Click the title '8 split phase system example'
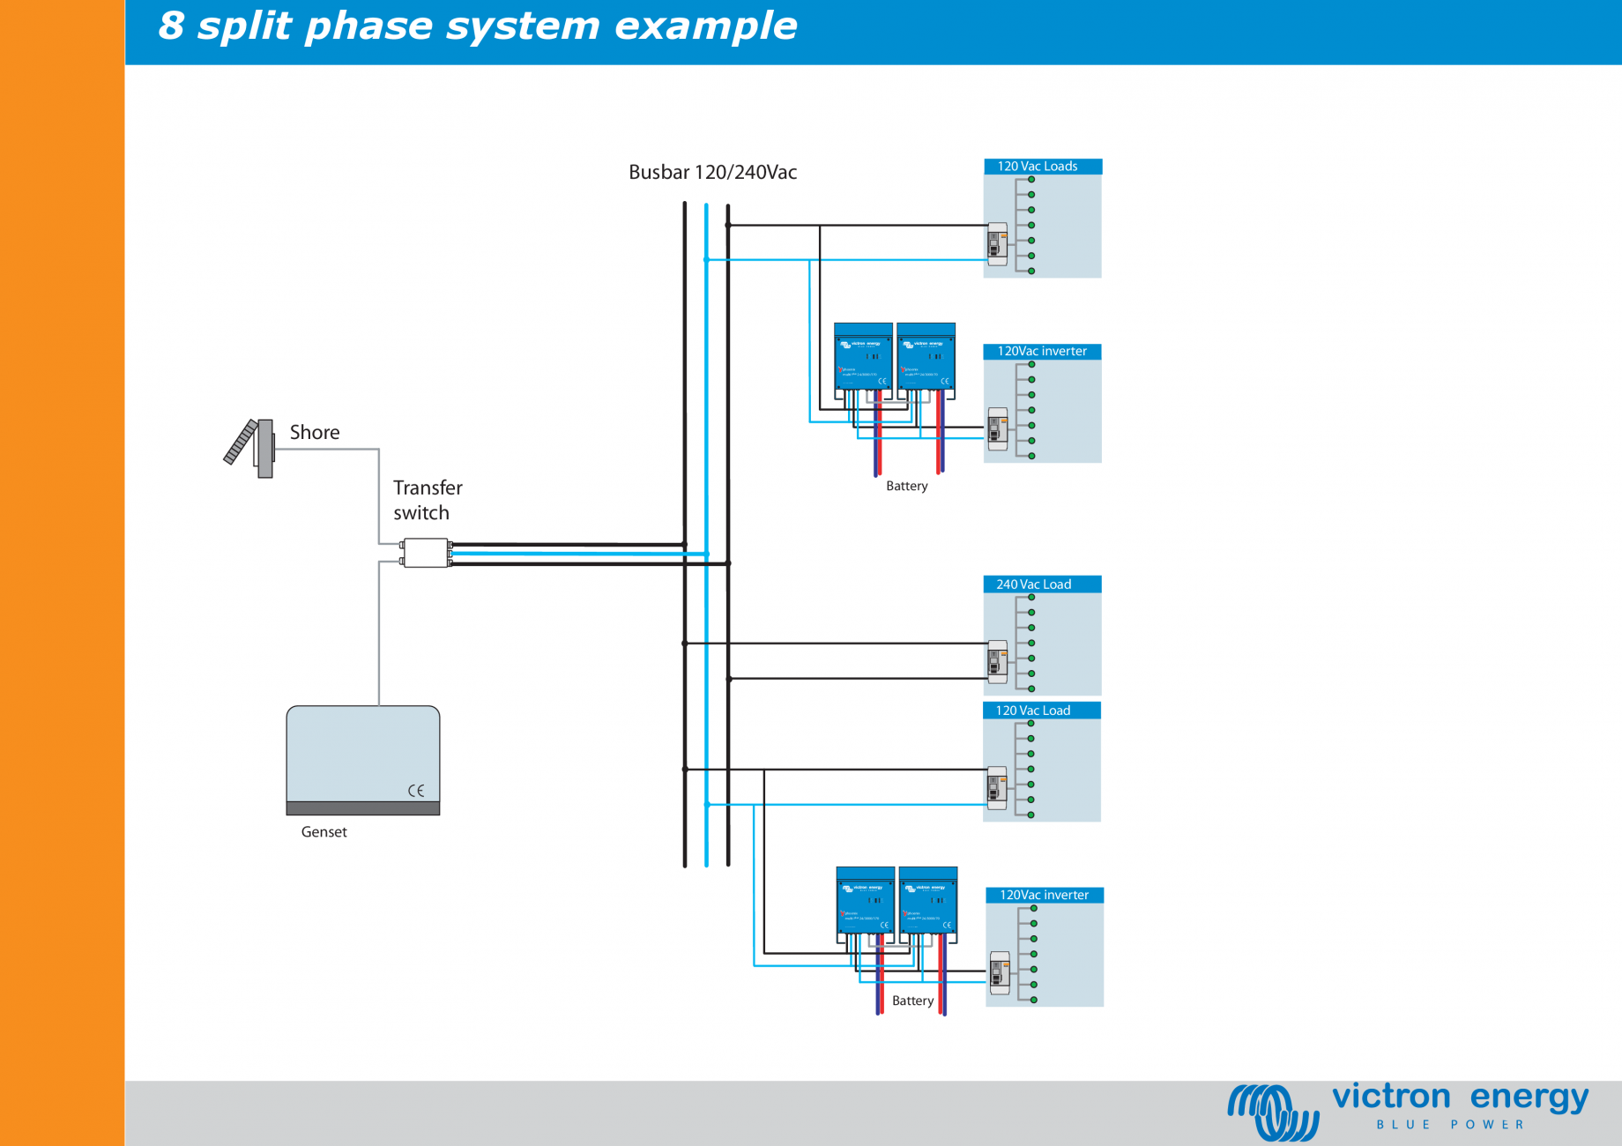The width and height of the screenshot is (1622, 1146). (x=477, y=26)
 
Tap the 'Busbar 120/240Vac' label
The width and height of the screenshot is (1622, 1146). (x=712, y=173)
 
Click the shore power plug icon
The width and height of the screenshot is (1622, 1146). (x=251, y=447)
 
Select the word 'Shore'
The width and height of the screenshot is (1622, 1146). (x=315, y=433)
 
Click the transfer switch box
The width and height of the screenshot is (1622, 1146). (x=426, y=553)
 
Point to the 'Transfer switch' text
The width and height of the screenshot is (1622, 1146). (x=428, y=500)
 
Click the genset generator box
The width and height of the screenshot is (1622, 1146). (x=363, y=759)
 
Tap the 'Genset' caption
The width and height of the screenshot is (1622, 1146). (x=324, y=832)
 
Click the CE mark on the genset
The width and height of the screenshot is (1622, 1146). (x=416, y=791)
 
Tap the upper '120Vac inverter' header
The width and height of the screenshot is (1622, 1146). (x=1041, y=352)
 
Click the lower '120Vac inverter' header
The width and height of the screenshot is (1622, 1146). (x=1044, y=896)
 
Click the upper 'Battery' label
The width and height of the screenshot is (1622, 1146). (x=906, y=487)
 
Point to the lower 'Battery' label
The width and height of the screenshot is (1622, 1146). (x=912, y=1001)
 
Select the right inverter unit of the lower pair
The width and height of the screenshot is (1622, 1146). (x=928, y=901)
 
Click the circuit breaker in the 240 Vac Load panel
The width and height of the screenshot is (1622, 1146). (x=997, y=661)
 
